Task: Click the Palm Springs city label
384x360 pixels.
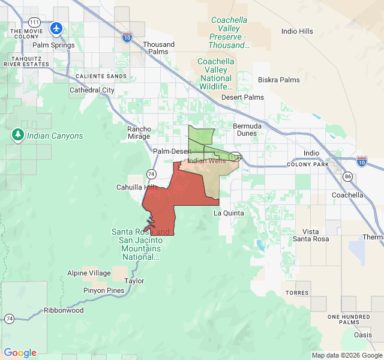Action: coord(53,45)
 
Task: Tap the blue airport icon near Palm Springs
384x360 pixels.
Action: coord(56,28)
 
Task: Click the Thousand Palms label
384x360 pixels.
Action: coord(159,49)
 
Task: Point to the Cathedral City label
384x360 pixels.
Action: coord(92,90)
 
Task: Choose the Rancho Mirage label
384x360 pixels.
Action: coord(139,133)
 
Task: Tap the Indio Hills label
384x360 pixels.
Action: coord(298,31)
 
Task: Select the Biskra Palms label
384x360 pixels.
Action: coord(278,80)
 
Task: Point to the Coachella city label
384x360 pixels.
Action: coord(347,195)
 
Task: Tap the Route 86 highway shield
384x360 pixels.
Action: coord(348,176)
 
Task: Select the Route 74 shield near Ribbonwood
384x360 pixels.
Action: coord(9,318)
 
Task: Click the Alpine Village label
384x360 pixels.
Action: coord(89,273)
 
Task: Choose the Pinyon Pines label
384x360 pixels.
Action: coord(104,290)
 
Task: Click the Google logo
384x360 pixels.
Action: coord(20,353)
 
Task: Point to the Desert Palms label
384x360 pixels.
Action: coord(242,97)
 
